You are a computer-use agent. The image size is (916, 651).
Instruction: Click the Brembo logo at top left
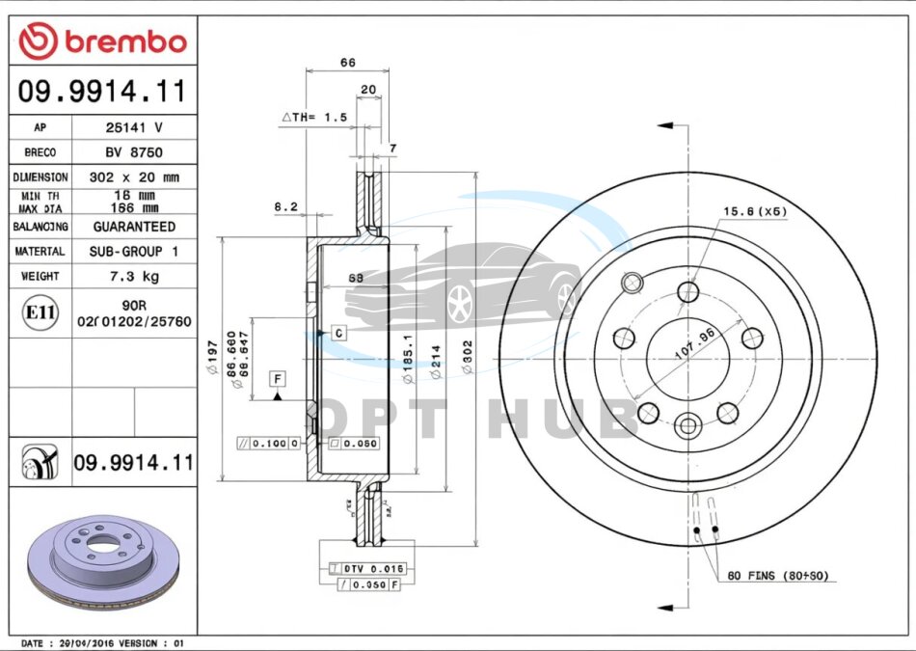(x=102, y=41)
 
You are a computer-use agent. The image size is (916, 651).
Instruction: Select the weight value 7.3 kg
(x=134, y=276)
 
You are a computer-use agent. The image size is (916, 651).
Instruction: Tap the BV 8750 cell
(x=134, y=152)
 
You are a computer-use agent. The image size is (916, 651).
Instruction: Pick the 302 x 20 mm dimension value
(x=134, y=177)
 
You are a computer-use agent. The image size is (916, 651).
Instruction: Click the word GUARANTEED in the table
(x=134, y=227)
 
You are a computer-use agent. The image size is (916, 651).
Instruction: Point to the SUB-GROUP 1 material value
(x=134, y=251)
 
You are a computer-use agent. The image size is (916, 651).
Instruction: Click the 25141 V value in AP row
(x=134, y=127)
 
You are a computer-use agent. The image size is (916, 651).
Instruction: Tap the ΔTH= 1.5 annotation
(x=313, y=117)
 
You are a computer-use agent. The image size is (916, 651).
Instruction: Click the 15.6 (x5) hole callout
(x=756, y=211)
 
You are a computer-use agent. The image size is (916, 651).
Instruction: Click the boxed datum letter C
(x=338, y=333)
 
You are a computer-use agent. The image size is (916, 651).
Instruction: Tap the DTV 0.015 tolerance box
(x=367, y=569)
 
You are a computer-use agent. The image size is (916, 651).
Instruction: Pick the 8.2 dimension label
(x=285, y=205)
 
